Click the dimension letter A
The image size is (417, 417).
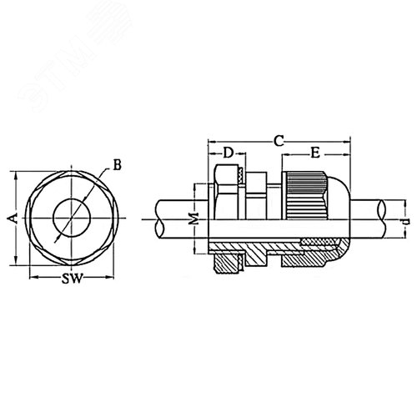[12, 218]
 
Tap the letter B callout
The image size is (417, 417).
[117, 165]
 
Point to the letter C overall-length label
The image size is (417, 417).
[279, 143]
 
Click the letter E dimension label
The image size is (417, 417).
[316, 154]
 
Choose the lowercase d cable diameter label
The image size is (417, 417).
[404, 224]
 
